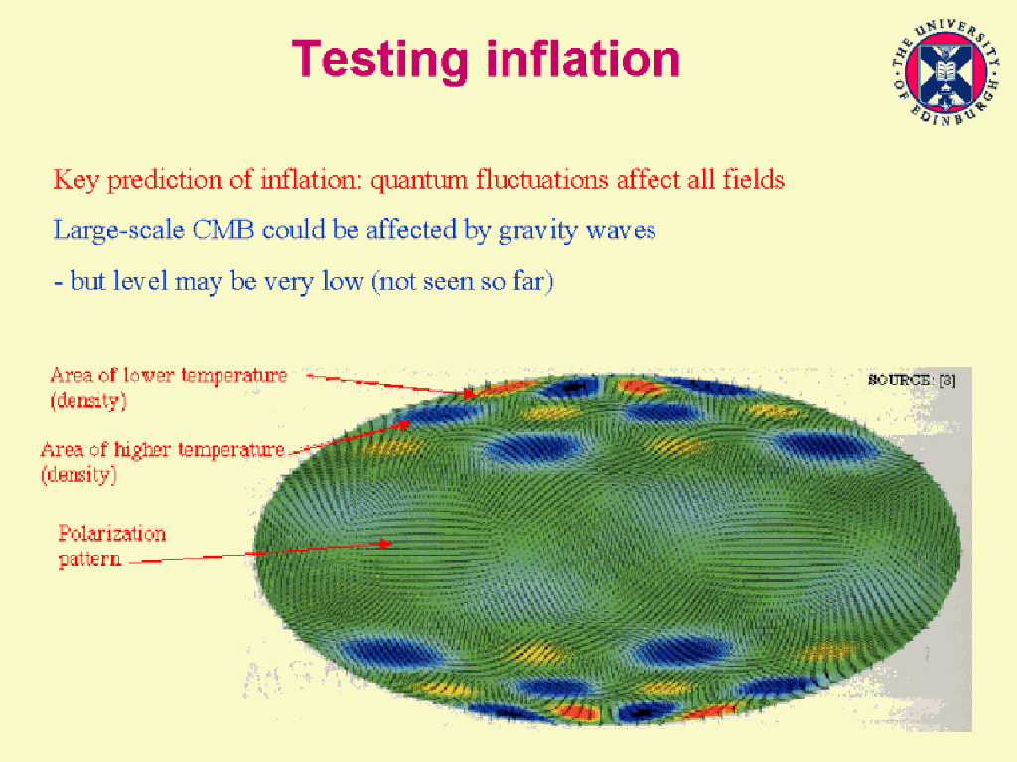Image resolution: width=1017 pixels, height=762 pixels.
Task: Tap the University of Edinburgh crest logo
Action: (945, 71)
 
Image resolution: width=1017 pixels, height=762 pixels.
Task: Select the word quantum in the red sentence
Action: (419, 181)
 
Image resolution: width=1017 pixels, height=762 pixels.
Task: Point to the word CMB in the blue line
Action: (222, 230)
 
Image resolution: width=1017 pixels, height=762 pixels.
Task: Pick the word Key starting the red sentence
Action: (75, 181)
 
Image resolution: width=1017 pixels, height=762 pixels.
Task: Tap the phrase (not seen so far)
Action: (463, 281)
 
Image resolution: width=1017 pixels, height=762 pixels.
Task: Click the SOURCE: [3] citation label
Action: (912, 380)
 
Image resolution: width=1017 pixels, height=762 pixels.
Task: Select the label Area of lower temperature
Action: (169, 376)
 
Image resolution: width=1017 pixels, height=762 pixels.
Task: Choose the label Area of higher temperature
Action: (163, 449)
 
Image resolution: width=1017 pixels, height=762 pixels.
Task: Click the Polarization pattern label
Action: (111, 546)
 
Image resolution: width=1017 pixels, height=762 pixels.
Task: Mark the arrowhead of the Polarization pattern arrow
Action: (386, 543)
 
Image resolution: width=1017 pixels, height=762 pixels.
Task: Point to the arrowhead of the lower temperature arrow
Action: (470, 393)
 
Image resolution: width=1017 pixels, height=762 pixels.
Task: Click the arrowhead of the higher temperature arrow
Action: (404, 425)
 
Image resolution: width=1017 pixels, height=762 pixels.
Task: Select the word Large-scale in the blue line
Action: (119, 232)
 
